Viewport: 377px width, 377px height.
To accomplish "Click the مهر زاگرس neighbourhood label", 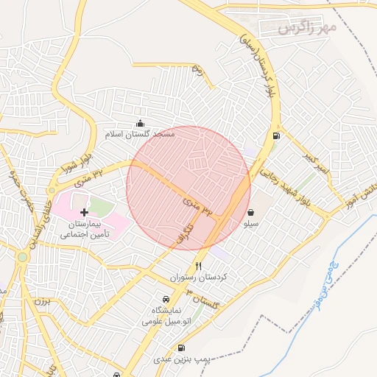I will [307, 27].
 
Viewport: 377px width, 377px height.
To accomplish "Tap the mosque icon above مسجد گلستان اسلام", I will [141, 123].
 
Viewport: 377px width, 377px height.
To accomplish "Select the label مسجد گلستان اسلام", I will [141, 135].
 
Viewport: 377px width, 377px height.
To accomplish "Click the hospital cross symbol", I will [83, 212].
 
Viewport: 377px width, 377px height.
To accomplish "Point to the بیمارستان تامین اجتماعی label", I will [84, 228].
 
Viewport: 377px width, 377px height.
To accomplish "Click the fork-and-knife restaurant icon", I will [197, 266].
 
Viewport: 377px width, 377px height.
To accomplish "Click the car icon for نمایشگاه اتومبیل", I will [166, 300].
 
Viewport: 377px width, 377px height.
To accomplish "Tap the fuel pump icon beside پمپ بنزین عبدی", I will [181, 348].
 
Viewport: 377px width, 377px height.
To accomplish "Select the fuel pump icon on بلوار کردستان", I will [276, 135].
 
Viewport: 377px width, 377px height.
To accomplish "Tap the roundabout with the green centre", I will [23, 257].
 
